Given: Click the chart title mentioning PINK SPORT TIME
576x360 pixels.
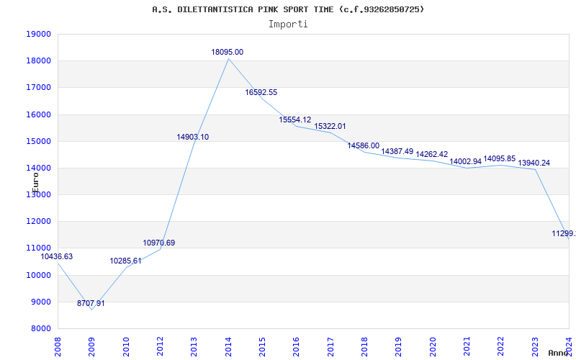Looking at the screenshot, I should click(288, 9).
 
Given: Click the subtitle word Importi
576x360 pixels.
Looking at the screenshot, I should click(288, 24).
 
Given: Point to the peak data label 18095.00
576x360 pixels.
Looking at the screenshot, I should click(228, 52).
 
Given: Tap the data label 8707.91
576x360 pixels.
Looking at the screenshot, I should click(91, 303).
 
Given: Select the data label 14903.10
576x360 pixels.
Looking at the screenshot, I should click(193, 137).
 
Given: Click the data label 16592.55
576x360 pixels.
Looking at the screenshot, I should click(261, 92).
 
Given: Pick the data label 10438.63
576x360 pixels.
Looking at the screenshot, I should click(56, 256).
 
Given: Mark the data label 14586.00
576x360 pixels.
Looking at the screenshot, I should click(364, 145).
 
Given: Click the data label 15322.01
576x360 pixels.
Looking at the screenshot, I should click(330, 126).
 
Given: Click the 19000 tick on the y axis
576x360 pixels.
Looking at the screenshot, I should click(37, 34).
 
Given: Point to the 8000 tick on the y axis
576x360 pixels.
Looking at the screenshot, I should click(40, 328).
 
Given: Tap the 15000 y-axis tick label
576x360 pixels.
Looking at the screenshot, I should click(37, 141).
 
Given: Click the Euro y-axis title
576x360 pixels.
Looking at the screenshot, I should click(35, 181).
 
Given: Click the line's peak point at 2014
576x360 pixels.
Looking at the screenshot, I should click(228, 58).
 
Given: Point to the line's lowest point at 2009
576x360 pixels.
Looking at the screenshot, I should click(91, 310).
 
